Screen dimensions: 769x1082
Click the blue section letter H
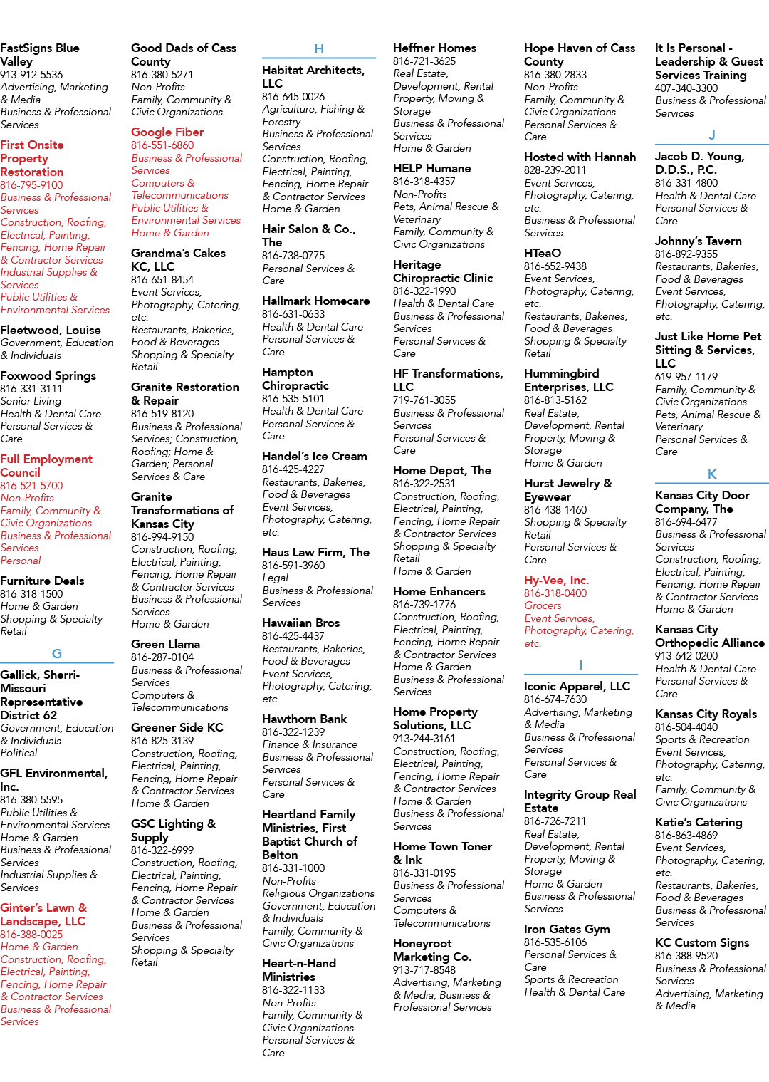coord(318,48)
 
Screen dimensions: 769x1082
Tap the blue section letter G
coord(56,654)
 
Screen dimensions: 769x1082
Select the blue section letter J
coord(711,135)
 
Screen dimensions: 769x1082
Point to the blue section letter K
coord(711,474)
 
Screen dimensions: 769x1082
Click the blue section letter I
coord(581,665)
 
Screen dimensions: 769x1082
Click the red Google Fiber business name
coord(167,132)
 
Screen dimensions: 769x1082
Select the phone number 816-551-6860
coord(162,145)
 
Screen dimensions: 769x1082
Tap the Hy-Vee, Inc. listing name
coord(556,580)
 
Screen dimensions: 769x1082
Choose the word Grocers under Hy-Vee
coord(543,605)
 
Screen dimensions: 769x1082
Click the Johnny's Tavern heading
coord(698,241)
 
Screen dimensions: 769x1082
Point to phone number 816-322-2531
coord(424,484)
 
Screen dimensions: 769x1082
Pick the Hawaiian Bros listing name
coord(300,623)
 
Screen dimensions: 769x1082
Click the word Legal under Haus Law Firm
coord(275,578)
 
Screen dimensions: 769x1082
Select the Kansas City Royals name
coord(706,714)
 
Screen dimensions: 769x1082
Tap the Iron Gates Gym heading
coord(567,929)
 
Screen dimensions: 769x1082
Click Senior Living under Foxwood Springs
coord(31,401)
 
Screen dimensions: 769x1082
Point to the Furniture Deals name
coord(43,581)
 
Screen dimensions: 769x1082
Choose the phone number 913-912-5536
coord(31,74)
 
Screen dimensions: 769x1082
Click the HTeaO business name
coord(543,253)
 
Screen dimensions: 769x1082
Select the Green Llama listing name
coord(166,644)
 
